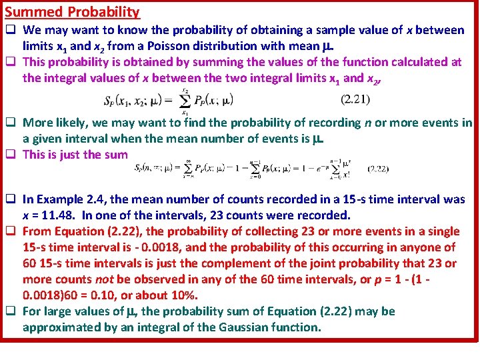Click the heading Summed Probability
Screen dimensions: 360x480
click(72, 12)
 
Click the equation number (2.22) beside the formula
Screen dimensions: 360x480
click(377, 169)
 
